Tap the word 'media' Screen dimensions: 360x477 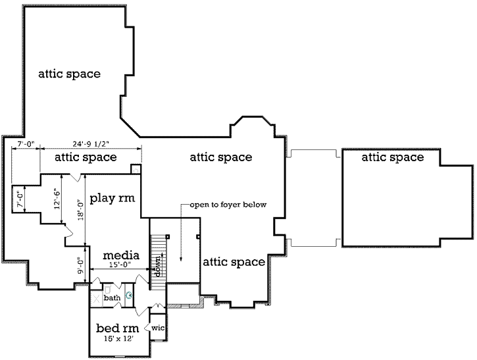pyautogui.click(x=119, y=255)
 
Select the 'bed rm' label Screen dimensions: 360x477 pyautogui.click(x=118, y=328)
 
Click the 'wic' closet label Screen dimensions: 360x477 pyautogui.click(x=158, y=327)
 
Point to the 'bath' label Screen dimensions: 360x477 pyautogui.click(x=113, y=298)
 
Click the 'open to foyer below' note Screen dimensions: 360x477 pyautogui.click(x=228, y=205)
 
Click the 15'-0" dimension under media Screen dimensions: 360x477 pyautogui.click(x=119, y=265)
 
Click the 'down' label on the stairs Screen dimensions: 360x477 pyautogui.click(x=157, y=267)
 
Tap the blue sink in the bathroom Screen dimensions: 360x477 pyautogui.click(x=130, y=296)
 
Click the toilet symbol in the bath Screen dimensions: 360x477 pyautogui.click(x=107, y=290)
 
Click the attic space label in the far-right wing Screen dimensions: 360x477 pyautogui.click(x=392, y=157)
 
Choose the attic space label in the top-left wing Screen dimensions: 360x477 pyautogui.click(x=69, y=74)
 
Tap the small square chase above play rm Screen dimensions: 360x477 pyautogui.click(x=136, y=169)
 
